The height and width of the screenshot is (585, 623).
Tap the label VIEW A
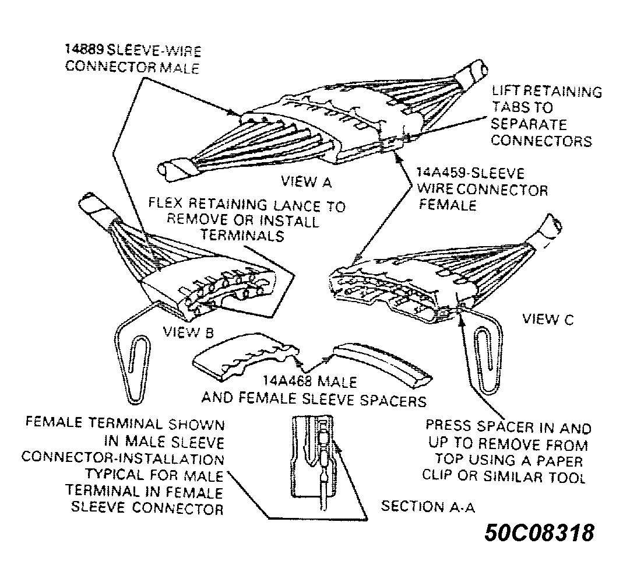pos(306,181)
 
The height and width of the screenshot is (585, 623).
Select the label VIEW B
pos(188,332)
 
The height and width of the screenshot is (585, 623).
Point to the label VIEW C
pos(548,318)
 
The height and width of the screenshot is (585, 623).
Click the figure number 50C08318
pos(539,532)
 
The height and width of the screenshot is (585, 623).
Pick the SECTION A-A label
pos(428,506)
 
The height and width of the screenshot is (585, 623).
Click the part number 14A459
pos(440,173)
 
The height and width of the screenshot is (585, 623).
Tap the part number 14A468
pos(286,381)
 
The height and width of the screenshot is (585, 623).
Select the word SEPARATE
pos(529,124)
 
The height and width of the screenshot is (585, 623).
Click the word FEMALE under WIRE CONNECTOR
pos(448,205)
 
